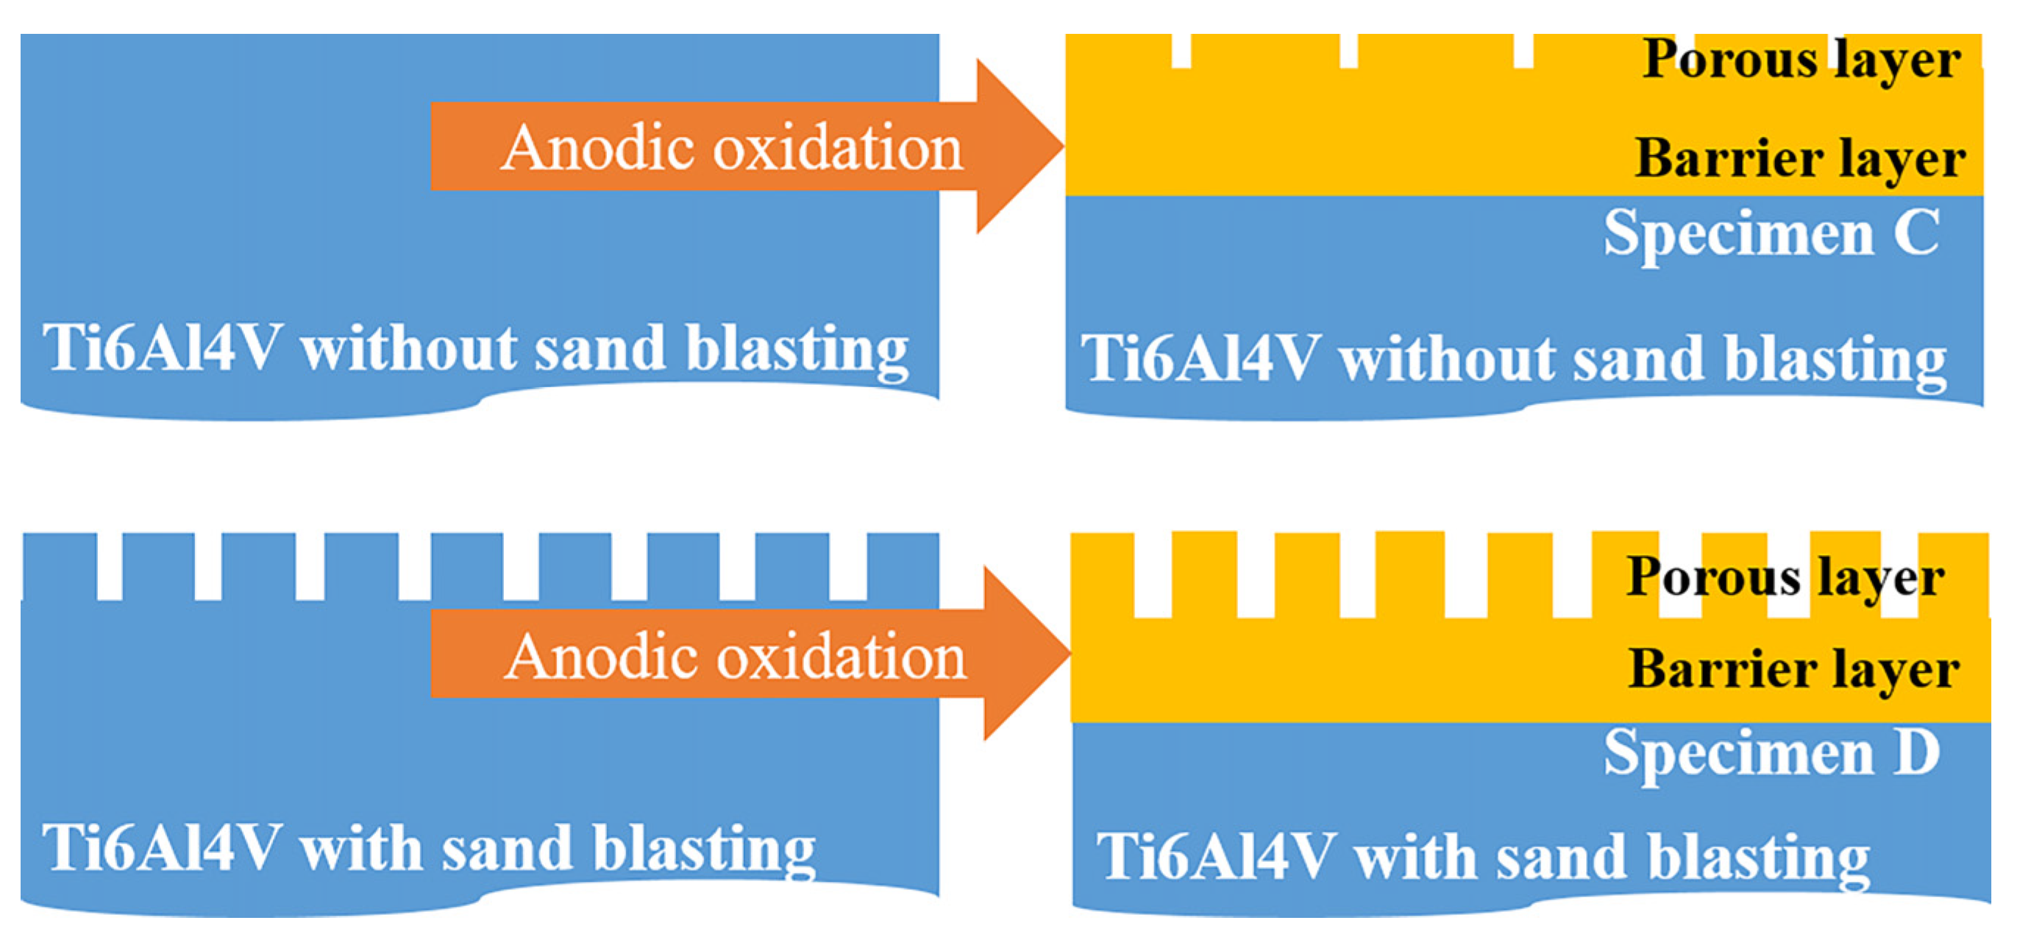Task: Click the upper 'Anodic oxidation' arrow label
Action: point(732,147)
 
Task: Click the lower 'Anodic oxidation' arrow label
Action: point(735,656)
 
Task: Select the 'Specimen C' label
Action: point(1771,234)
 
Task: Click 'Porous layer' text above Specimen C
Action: point(1802,60)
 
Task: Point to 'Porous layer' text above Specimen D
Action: point(1785,578)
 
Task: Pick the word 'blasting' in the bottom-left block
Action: point(703,849)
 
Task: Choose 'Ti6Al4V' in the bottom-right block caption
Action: point(1215,856)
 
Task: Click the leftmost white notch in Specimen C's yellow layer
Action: point(1181,51)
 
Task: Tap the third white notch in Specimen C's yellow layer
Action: point(1523,51)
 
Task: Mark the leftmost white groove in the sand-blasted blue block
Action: point(109,567)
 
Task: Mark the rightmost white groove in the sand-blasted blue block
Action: point(847,567)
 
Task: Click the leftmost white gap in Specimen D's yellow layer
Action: point(1152,576)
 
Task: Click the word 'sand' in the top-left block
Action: point(599,348)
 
